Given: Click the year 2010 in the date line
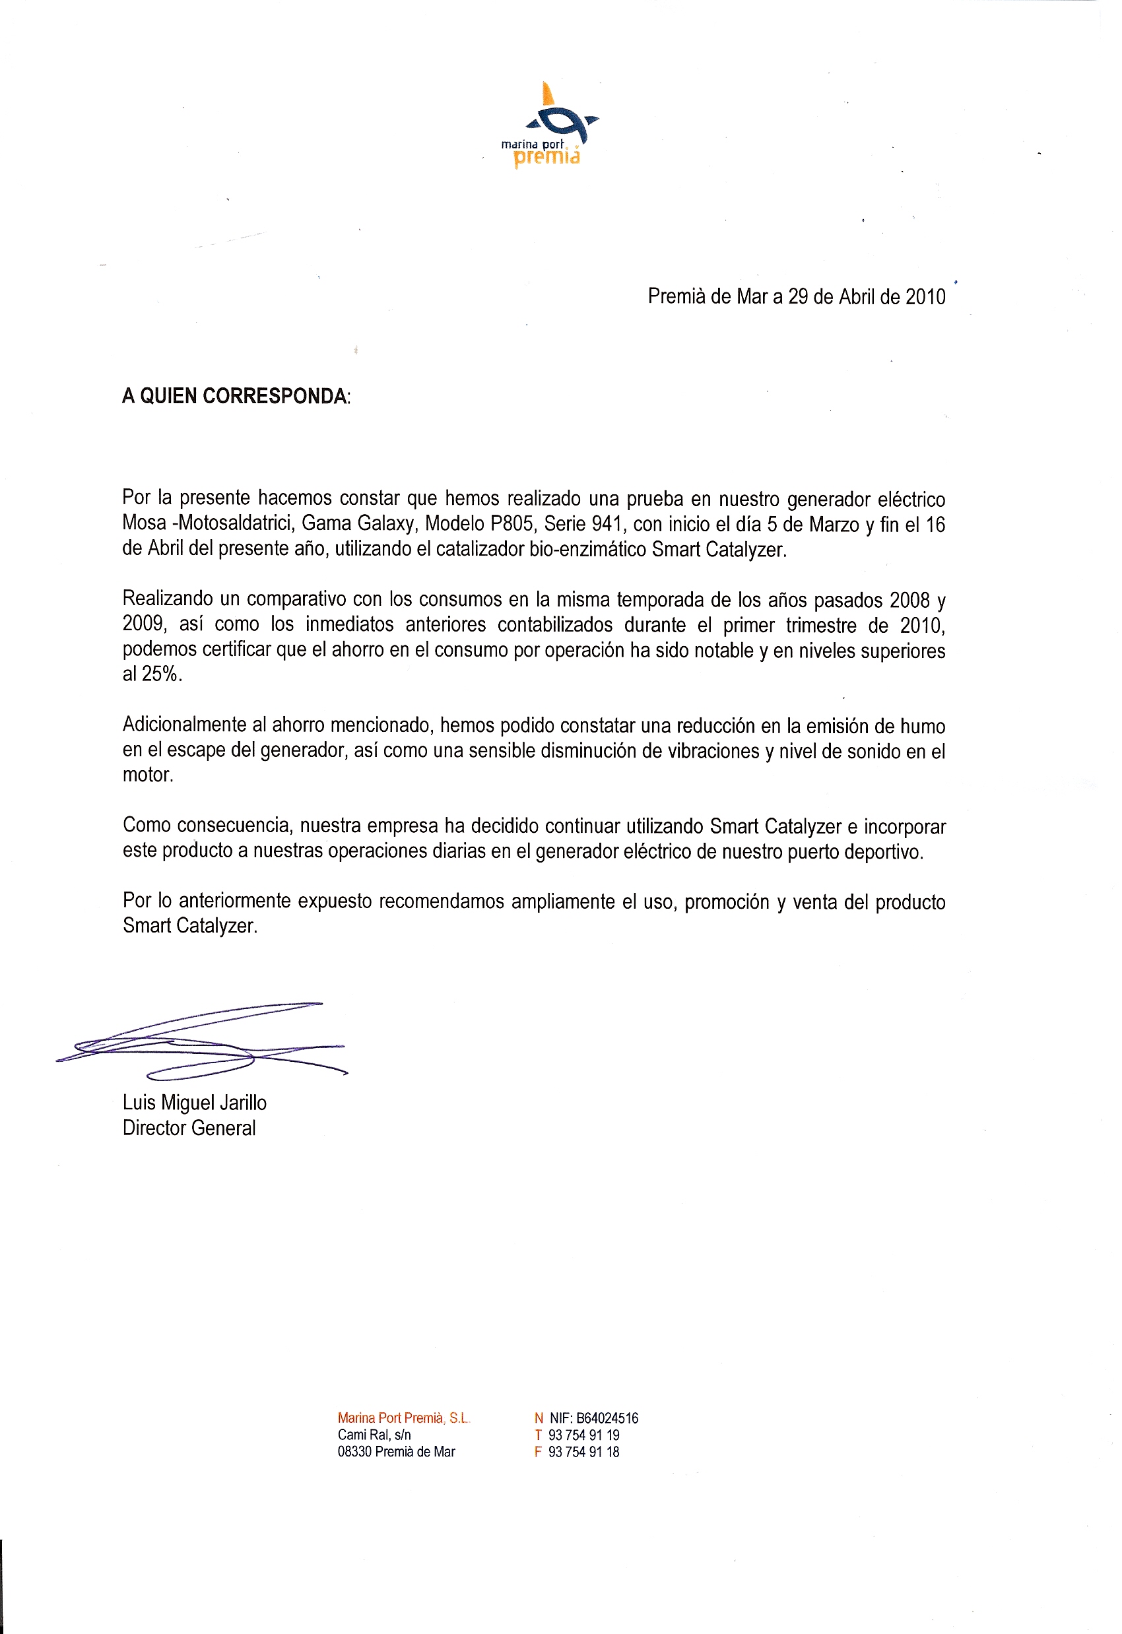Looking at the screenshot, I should point(925,297).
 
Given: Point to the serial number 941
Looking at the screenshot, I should point(606,524).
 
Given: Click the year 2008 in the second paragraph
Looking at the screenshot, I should point(909,600).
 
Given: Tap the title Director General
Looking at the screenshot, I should point(189,1128).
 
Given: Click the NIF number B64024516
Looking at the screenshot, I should point(607,1418).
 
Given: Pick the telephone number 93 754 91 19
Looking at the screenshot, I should point(583,1435).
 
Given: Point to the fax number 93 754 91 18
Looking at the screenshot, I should point(583,1452).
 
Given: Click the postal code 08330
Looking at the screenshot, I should point(354,1452).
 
